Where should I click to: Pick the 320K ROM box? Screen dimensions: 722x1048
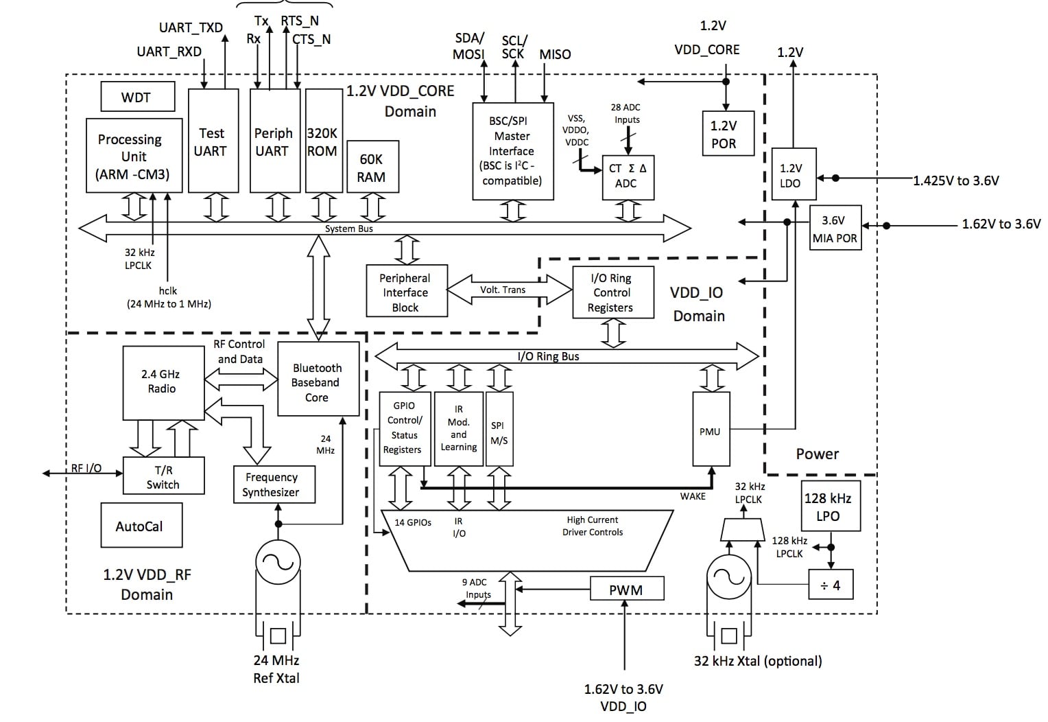click(x=322, y=141)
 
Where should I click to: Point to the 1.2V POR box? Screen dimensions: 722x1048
click(x=724, y=134)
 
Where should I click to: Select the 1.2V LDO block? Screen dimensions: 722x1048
click(x=793, y=174)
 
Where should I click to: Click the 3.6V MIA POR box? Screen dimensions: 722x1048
click(x=835, y=229)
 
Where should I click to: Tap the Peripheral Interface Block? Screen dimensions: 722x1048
click(x=405, y=292)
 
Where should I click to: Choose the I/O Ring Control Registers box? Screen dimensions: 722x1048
click(x=611, y=292)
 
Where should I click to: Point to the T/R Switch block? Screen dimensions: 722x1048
click(x=163, y=476)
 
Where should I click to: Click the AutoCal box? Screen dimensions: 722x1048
click(x=141, y=526)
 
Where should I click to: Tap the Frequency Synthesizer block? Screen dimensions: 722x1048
click(x=272, y=485)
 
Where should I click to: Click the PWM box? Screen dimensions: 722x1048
click(x=626, y=589)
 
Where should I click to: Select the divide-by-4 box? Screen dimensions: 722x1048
click(x=831, y=585)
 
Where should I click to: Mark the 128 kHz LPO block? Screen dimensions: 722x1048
click(x=829, y=506)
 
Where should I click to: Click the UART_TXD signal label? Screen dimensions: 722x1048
click(x=191, y=27)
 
